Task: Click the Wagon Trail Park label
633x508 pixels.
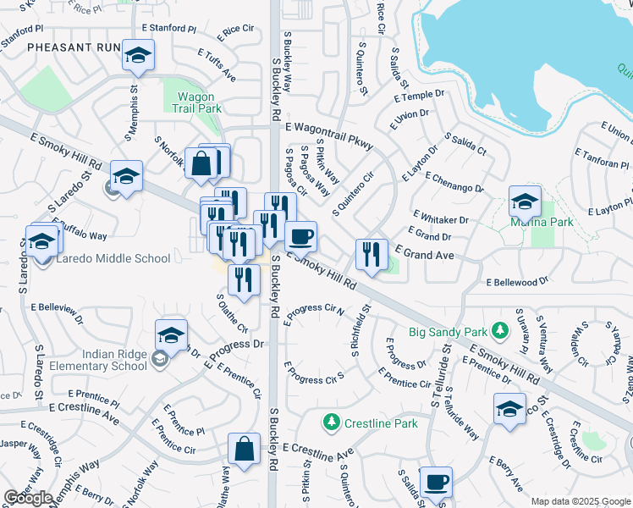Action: [198, 102]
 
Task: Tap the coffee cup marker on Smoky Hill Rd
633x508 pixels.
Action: [300, 237]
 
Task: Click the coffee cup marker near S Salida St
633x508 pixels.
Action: [436, 483]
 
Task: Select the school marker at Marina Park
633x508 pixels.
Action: [525, 202]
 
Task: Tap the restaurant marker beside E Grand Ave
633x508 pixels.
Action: [371, 253]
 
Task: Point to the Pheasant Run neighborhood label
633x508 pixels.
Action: [72, 47]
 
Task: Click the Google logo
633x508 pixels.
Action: [28, 498]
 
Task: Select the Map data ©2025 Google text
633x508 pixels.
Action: [581, 502]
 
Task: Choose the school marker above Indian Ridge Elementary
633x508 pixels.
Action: [171, 335]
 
